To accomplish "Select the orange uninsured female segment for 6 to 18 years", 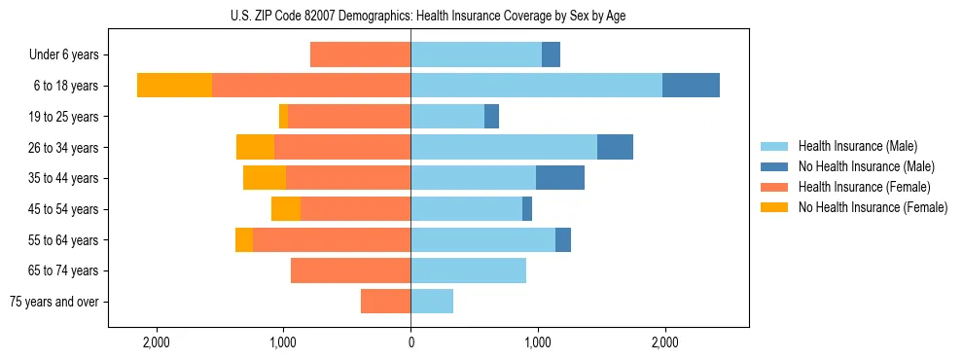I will pos(174,86).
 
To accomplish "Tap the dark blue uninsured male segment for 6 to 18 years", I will pos(691,86).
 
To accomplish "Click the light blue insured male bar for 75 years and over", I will pos(432,302).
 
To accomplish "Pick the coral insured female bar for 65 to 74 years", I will pos(350,270).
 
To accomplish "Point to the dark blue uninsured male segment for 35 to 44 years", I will pos(560,178).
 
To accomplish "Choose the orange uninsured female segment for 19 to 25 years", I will pos(283,117).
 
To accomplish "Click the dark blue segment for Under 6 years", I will pos(551,55).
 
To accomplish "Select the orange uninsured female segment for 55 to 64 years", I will pos(244,240).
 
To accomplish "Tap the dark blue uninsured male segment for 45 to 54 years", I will pos(527,209).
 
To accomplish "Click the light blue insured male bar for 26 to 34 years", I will pos(504,147).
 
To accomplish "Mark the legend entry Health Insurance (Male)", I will pos(857,146).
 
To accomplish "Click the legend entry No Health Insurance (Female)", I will pos(873,207).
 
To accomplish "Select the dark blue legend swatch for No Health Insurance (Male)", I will pos(774,166).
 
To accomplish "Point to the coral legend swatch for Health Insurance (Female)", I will pos(774,187).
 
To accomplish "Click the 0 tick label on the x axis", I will pos(410,342).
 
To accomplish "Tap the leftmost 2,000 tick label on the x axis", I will pos(157,342).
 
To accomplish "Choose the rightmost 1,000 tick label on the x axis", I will pos(538,342).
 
